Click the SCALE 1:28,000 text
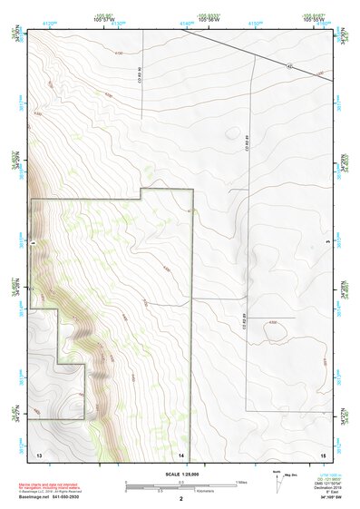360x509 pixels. [180, 472]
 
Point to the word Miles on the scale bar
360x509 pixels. [241, 481]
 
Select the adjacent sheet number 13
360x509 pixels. [39, 453]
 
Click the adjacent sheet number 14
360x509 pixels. [181, 453]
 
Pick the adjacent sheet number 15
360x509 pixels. [321, 453]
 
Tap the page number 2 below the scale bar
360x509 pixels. [180, 500]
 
